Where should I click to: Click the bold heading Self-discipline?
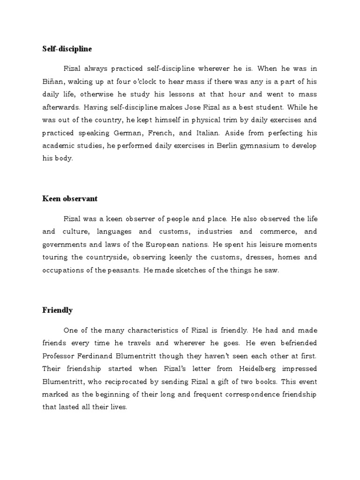tap(67, 49)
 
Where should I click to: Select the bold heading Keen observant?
tap(70, 198)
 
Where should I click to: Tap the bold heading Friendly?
tap(57, 310)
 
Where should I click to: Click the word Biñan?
tap(52, 81)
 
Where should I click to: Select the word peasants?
tap(124, 270)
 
